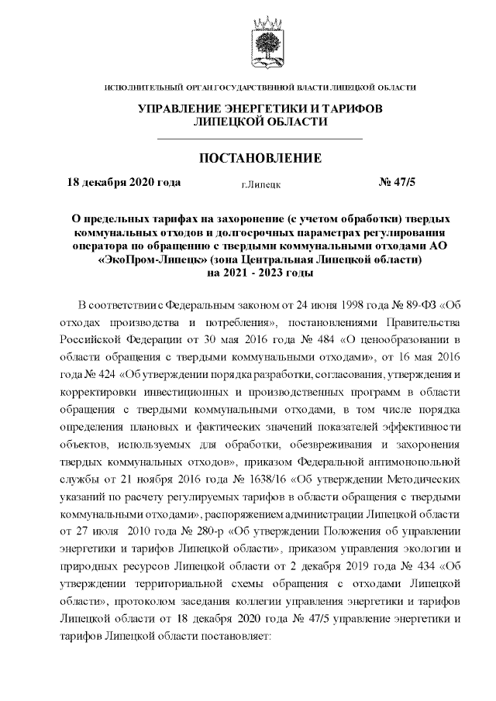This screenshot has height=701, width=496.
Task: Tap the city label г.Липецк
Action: pos(261,185)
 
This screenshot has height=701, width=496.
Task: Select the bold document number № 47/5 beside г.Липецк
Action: pos(397,183)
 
